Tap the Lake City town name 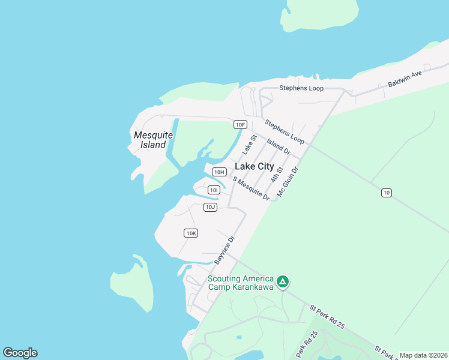255,166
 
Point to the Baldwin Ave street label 405,79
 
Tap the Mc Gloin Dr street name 288,182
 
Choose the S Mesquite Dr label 251,189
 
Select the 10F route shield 240,124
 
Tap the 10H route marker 219,172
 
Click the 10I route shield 214,190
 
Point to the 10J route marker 209,207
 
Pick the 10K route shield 191,233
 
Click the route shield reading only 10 387,192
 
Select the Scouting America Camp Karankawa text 240,283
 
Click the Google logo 20,353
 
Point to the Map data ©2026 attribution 423,355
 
